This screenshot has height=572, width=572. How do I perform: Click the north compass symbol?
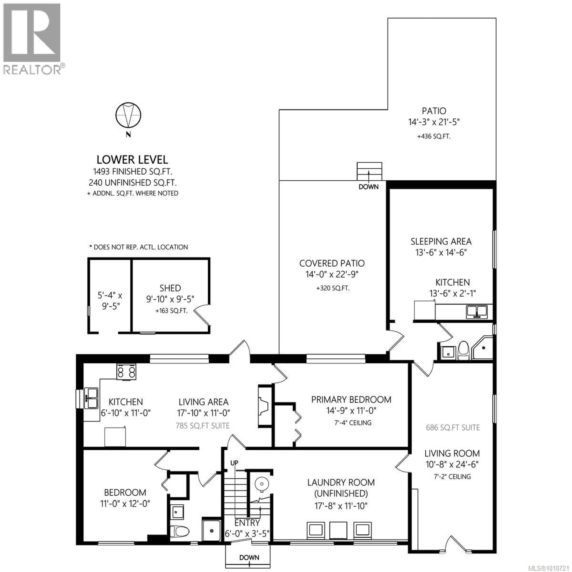click(128, 115)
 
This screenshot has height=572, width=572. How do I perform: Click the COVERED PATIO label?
click(332, 263)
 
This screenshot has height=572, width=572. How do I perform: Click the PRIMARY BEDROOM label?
click(351, 400)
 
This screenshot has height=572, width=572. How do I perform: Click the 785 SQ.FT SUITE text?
click(203, 426)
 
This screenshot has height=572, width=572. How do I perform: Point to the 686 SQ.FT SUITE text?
click(453, 428)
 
